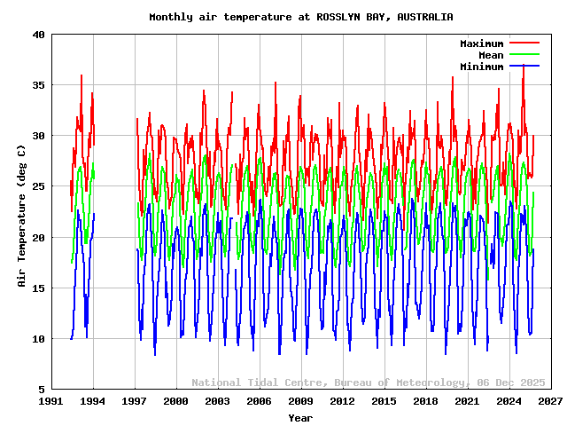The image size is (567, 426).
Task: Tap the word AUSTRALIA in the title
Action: (425, 17)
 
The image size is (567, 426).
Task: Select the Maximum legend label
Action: (481, 43)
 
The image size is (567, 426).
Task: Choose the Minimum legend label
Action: (481, 67)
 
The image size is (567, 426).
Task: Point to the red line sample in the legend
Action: (524, 43)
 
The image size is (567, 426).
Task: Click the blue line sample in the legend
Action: (524, 67)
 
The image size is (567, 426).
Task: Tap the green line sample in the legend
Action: (524, 55)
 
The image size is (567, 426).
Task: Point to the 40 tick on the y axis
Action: (39, 35)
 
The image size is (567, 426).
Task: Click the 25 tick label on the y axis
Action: (39, 187)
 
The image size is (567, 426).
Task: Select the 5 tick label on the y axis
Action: (43, 390)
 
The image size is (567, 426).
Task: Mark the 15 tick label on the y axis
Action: (39, 288)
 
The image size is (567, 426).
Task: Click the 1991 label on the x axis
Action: (51, 402)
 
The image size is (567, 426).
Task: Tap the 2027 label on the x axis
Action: (550, 402)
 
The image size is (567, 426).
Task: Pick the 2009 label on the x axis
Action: (301, 402)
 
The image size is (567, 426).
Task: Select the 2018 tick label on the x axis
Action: (425, 402)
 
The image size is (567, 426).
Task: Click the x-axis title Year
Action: (300, 418)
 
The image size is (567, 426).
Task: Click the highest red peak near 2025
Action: (524, 65)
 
